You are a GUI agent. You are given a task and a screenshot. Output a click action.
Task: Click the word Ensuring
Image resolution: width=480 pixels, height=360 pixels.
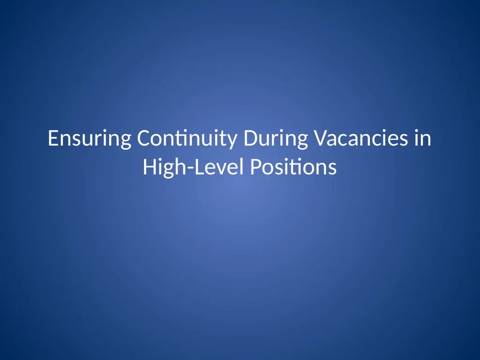(x=90, y=139)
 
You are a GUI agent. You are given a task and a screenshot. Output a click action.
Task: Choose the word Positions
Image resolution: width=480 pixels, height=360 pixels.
(x=293, y=167)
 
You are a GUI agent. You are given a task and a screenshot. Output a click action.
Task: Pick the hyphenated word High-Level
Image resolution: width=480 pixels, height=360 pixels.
(x=194, y=167)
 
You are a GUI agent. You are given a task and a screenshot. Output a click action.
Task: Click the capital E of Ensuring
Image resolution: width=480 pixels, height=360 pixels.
(x=52, y=139)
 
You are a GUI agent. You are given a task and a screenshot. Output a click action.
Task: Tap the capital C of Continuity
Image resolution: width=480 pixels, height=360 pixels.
(x=142, y=139)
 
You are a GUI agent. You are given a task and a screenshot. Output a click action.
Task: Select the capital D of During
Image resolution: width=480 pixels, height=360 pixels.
(x=247, y=139)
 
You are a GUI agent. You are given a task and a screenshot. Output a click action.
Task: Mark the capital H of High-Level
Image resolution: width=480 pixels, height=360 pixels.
(x=149, y=167)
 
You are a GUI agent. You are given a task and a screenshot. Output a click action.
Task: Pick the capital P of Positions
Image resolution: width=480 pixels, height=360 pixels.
(x=255, y=167)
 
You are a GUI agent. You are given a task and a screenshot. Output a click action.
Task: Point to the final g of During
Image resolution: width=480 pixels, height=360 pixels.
(x=302, y=141)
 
